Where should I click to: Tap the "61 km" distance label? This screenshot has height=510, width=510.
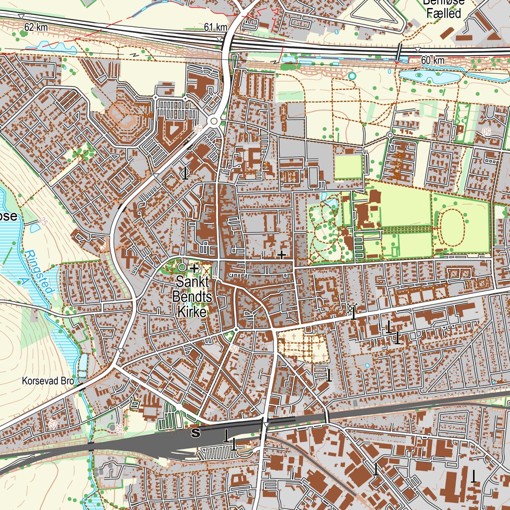pos(215,27)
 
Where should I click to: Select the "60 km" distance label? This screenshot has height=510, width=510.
pos(432,60)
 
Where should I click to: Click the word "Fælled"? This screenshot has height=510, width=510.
pos(444,14)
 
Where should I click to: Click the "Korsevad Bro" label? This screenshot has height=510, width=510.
pos(48,382)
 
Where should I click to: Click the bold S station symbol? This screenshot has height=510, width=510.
pos(196,433)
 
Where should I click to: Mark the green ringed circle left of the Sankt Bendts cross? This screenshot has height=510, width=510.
pos(182,267)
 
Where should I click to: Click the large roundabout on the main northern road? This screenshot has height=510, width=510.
pos(215,122)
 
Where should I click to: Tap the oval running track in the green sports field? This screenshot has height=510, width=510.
pos(452,227)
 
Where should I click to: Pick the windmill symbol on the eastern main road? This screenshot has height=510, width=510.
pos(353,310)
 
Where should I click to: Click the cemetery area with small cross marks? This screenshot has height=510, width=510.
pos(303,345)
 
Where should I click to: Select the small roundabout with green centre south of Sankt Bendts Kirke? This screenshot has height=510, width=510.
pos(236,330)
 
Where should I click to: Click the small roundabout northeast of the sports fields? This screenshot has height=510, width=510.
pos(390,135)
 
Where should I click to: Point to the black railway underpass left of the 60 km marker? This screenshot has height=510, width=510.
pos(399,52)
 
